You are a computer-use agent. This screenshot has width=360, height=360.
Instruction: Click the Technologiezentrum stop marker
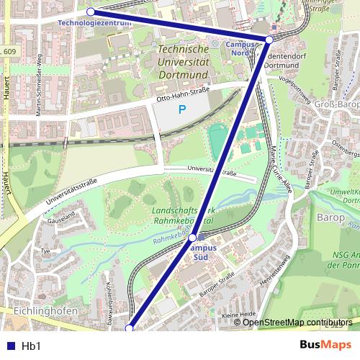90,12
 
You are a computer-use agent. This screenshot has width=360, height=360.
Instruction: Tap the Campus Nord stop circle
269,39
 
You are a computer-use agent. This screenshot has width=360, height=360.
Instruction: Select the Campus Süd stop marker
192,237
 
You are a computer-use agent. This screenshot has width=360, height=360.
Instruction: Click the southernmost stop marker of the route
130,328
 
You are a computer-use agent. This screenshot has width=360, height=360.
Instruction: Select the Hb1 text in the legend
31,346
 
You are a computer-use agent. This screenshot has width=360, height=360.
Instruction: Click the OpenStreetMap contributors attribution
297,322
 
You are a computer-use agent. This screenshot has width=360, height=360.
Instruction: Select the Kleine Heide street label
239,315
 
